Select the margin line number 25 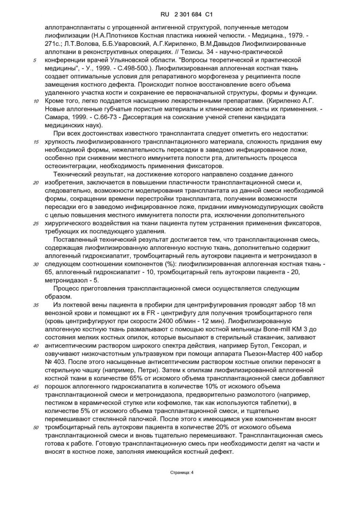[36, 224]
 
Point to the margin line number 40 [36, 345]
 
